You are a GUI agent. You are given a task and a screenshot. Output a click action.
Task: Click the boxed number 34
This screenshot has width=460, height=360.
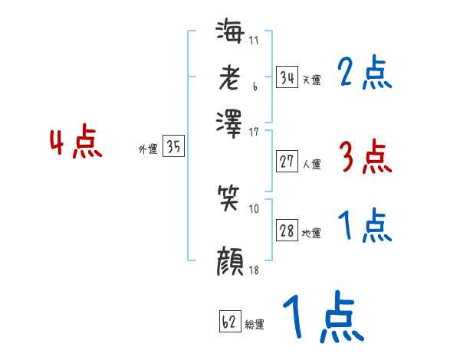tap(287, 77)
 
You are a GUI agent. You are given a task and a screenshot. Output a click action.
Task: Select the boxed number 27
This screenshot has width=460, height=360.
tap(287, 162)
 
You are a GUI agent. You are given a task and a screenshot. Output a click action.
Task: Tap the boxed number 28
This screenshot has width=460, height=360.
tap(287, 231)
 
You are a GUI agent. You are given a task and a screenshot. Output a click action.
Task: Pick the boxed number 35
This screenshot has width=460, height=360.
tap(173, 147)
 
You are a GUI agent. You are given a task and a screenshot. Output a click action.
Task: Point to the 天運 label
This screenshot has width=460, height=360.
tap(311, 80)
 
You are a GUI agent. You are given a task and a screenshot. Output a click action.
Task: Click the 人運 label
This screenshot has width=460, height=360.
tap(311, 164)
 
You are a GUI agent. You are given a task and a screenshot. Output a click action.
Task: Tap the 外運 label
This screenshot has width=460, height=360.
tap(148, 149)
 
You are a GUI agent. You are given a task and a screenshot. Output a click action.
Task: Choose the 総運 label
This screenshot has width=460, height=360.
tap(255, 324)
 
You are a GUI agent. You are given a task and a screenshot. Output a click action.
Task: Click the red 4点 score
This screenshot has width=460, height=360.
tap(75, 144)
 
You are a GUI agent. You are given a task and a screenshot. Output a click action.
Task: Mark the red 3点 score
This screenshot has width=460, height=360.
tap(364, 157)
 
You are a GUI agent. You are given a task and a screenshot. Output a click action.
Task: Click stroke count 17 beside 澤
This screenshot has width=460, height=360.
tap(254, 131)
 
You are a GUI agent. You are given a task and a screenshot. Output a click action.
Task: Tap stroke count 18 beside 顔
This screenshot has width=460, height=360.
tap(254, 270)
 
